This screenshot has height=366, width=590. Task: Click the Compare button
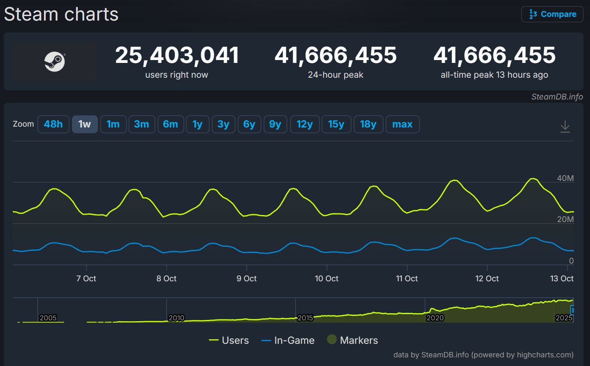point(552,14)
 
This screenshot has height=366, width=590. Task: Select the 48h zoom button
point(53,124)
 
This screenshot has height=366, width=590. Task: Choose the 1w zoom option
point(85,124)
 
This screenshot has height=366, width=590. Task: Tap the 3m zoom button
point(141,124)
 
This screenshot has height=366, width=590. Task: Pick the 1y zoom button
point(197,124)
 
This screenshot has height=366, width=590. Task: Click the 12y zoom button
point(305,124)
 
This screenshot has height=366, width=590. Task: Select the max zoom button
point(402,124)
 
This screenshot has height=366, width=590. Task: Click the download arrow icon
point(565,126)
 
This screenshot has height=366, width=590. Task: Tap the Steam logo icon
point(55,62)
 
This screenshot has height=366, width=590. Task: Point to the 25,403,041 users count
point(177,55)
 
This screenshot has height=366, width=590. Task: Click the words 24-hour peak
point(335,75)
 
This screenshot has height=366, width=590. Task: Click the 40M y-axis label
point(565,178)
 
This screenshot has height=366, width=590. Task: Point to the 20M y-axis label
point(565,219)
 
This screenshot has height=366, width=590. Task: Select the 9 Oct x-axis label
point(246,278)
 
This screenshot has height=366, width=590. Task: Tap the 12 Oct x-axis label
point(487,278)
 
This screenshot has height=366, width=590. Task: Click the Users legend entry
point(229,340)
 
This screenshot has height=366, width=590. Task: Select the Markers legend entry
point(352,340)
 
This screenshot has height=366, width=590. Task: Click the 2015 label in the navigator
point(305,318)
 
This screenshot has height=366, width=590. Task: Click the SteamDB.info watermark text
point(557,97)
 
